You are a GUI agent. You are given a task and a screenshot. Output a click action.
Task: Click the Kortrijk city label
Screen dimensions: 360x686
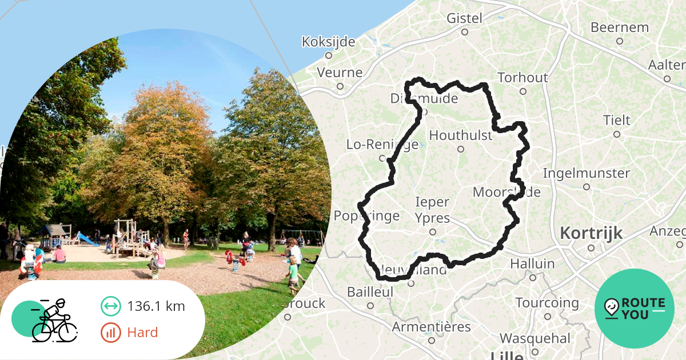(x=591, y=233)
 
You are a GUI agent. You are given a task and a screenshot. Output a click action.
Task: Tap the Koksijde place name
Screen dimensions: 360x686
(x=328, y=42)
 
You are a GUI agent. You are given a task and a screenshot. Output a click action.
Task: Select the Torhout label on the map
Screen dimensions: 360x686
(x=523, y=77)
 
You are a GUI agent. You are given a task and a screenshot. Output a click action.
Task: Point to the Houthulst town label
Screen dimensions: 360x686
(x=460, y=135)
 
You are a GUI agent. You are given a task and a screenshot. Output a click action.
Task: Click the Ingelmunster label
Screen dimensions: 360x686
(x=586, y=173)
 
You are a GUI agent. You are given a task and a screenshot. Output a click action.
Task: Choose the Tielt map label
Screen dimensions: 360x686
(x=616, y=121)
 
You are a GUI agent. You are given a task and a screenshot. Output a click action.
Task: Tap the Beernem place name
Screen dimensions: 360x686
(x=619, y=27)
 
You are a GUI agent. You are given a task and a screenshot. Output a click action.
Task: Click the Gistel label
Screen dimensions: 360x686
(x=464, y=18)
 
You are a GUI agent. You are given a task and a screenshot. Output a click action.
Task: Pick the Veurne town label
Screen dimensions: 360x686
(x=340, y=73)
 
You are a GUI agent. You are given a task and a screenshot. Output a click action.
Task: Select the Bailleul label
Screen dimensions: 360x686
(x=370, y=291)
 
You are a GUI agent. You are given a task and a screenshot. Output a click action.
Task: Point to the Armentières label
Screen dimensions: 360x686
(x=431, y=327)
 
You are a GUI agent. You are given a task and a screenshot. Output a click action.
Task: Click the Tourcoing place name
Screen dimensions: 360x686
(x=547, y=302)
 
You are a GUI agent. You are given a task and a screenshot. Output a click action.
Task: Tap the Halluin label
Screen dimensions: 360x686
(x=532, y=263)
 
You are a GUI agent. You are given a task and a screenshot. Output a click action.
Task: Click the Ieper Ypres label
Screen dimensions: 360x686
(x=432, y=210)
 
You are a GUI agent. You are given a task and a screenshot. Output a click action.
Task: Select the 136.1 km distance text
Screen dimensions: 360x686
(x=156, y=306)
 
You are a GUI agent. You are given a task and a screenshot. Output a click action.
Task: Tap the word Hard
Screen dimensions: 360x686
(x=143, y=333)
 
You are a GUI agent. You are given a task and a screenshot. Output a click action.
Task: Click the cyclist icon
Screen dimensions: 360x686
(x=54, y=321)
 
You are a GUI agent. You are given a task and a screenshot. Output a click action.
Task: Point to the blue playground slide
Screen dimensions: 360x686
(x=87, y=239)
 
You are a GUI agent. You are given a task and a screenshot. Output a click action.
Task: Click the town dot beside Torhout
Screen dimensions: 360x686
(x=523, y=91)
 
